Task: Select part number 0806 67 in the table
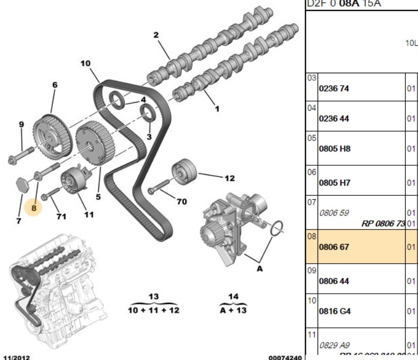click(x=334, y=247)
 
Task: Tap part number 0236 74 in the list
click(x=334, y=89)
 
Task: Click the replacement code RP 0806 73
click(x=383, y=224)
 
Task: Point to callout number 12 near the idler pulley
click(x=229, y=178)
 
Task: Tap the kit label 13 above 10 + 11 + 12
click(x=154, y=297)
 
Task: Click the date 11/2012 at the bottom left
click(x=17, y=355)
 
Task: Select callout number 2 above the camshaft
click(x=156, y=35)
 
